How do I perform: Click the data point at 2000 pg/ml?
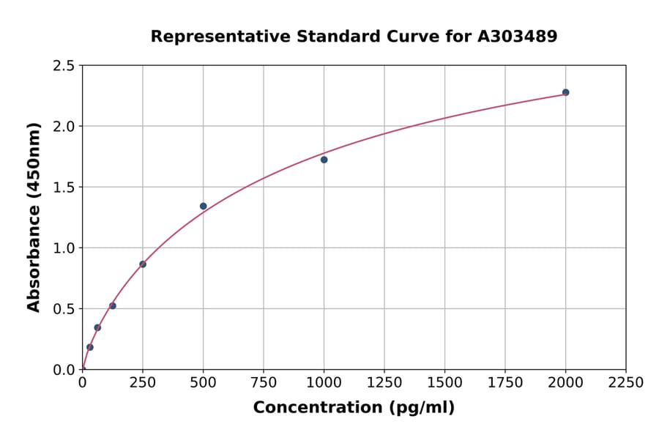(565, 92)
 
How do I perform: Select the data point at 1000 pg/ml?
(324, 160)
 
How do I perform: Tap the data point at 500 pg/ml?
(203, 206)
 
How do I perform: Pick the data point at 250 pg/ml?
(143, 264)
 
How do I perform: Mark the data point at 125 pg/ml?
(113, 305)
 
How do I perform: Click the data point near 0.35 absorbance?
(97, 327)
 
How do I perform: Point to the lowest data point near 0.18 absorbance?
(90, 347)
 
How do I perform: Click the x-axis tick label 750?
(264, 383)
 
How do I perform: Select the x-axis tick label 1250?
(384, 383)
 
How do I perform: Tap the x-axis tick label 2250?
(626, 383)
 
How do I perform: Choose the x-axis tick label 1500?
(444, 383)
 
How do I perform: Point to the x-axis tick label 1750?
(505, 383)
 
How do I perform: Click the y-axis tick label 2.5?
(64, 66)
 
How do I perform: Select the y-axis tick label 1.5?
(64, 187)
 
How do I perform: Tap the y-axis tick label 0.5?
(64, 309)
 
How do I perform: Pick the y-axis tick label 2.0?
(64, 127)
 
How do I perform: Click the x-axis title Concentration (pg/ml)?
(354, 408)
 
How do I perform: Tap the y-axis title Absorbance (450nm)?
(34, 217)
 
